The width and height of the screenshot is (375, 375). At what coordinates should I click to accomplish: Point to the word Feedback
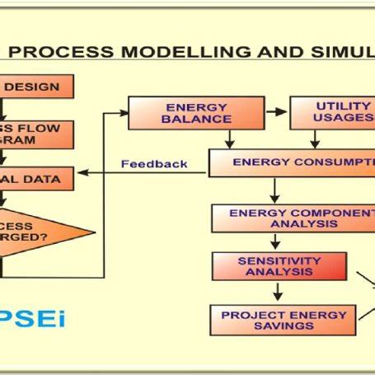coord(154,163)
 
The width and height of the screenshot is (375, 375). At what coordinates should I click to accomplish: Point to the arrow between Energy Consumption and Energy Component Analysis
coord(274,191)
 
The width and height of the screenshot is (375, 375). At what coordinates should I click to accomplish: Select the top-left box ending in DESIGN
coord(37,86)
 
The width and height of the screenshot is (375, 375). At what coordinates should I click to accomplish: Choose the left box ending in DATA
coord(37,176)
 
